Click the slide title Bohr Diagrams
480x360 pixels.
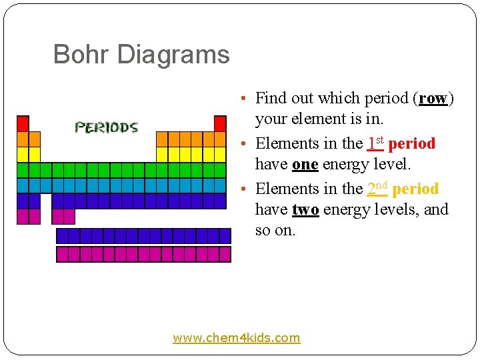[141, 55]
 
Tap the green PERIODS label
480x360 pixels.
[106, 127]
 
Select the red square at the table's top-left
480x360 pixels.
[23, 123]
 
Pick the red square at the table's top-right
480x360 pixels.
[220, 123]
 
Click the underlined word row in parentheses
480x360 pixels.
[433, 98]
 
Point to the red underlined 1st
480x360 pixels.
[375, 143]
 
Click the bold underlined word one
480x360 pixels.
[305, 164]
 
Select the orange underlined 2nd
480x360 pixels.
[377, 189]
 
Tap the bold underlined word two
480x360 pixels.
[305, 209]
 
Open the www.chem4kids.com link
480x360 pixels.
[237, 338]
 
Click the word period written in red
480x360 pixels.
[411, 143]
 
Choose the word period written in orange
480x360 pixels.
[415, 189]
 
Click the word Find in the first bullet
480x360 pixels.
[271, 98]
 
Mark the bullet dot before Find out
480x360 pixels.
[245, 99]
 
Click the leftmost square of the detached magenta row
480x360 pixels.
[63, 254]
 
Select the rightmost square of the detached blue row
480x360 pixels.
[225, 235]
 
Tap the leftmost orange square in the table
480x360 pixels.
[23, 139]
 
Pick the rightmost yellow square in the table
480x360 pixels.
[220, 154]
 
